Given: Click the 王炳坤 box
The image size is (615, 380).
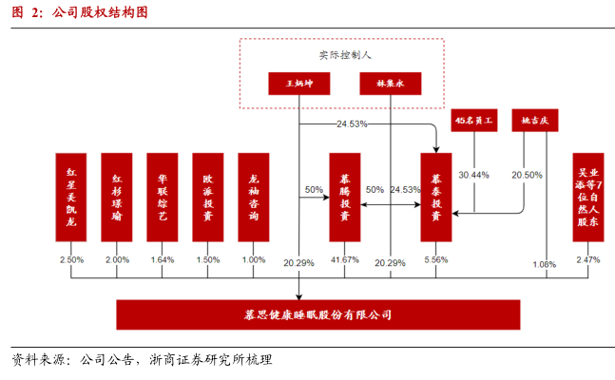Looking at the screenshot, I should pos(298,84).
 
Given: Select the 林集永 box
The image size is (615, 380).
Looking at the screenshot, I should pos(392,84).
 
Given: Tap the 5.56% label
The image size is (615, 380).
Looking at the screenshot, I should pos(435,260).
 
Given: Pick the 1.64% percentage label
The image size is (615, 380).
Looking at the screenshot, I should pos(163,260).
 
